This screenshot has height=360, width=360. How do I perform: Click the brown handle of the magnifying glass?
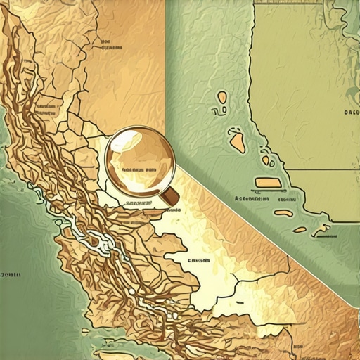pos(170,198)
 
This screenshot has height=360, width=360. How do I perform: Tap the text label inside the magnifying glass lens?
pos(139,170)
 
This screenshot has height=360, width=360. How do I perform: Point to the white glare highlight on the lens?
pos(124,143)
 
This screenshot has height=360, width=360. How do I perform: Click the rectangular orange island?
pos(267,183)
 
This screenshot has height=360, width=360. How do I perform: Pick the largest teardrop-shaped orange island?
pos(238,143)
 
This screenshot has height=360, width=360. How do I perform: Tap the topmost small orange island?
pos(223,97)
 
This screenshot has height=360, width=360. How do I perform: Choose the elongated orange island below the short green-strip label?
pos(283,212)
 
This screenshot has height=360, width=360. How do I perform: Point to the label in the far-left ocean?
pos(11,273)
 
